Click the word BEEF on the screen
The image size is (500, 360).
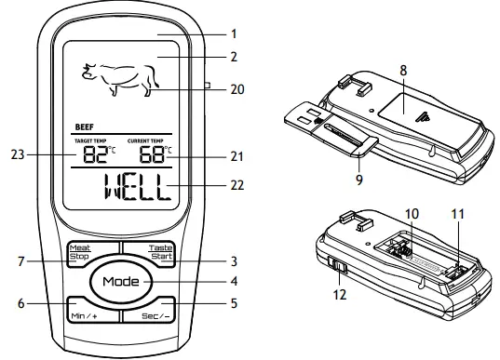(x=84, y=130)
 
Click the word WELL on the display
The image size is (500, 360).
(x=130, y=191)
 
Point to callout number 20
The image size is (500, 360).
(x=236, y=91)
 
